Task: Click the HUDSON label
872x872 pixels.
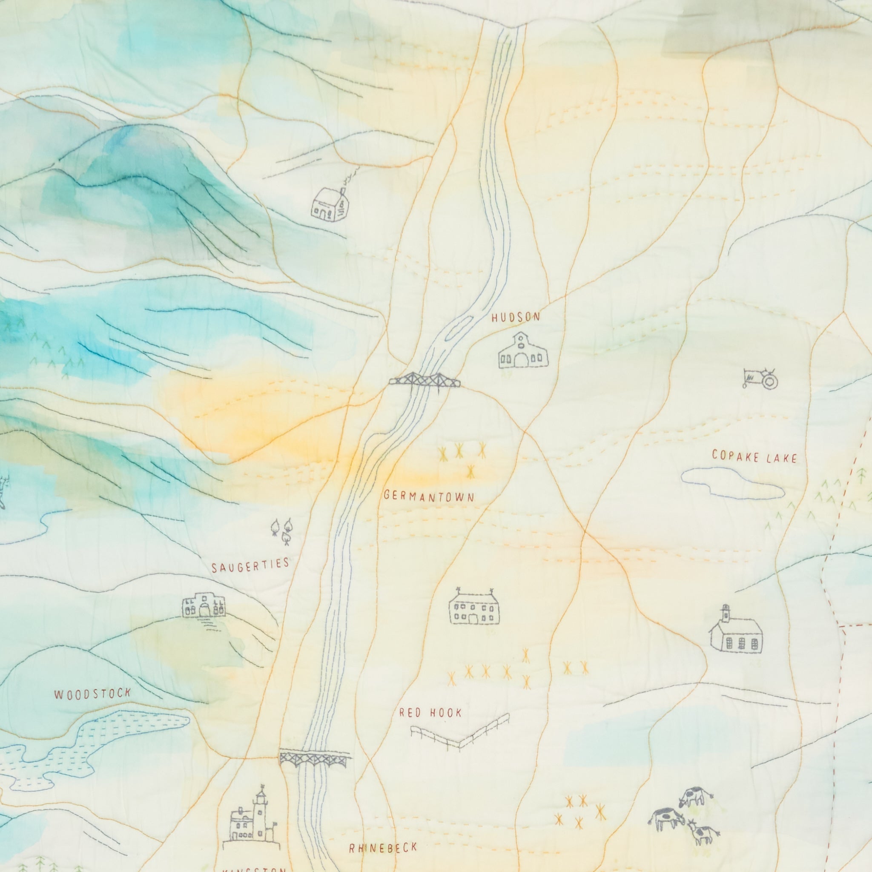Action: point(516,318)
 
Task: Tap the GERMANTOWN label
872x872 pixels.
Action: point(429,497)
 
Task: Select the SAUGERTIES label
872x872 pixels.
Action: point(250,565)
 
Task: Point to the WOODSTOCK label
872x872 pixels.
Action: point(92,694)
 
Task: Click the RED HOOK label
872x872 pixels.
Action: point(430,713)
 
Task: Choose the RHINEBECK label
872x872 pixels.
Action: point(383,849)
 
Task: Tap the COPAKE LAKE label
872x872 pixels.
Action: point(754,457)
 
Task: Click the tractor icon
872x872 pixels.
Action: point(760,378)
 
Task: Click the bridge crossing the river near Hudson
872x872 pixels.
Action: point(425,380)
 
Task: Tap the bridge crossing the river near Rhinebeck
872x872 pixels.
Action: point(315,758)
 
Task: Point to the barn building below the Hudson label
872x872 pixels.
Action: point(523,351)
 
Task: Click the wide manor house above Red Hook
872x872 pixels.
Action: point(474,608)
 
